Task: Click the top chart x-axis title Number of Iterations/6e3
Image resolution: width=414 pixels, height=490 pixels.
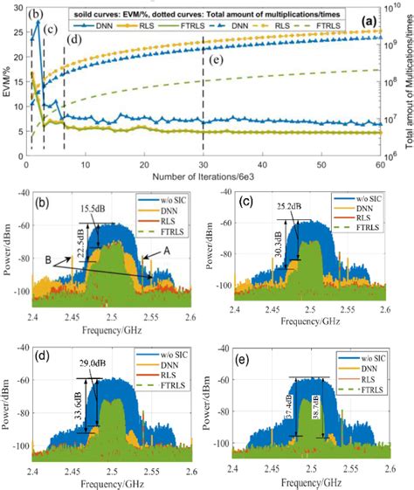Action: (204, 176)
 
